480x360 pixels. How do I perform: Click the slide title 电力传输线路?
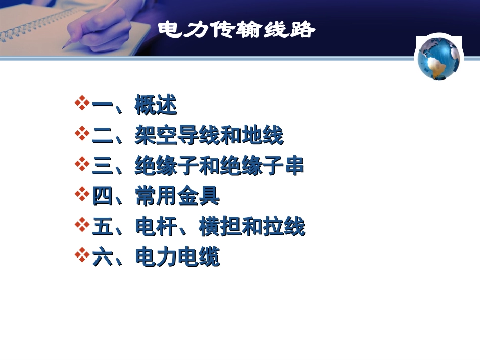pos(236,30)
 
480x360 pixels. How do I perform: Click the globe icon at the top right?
pos(439,58)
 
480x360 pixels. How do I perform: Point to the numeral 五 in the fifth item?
pos(102,227)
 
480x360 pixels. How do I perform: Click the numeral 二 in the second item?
pos(102,136)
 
